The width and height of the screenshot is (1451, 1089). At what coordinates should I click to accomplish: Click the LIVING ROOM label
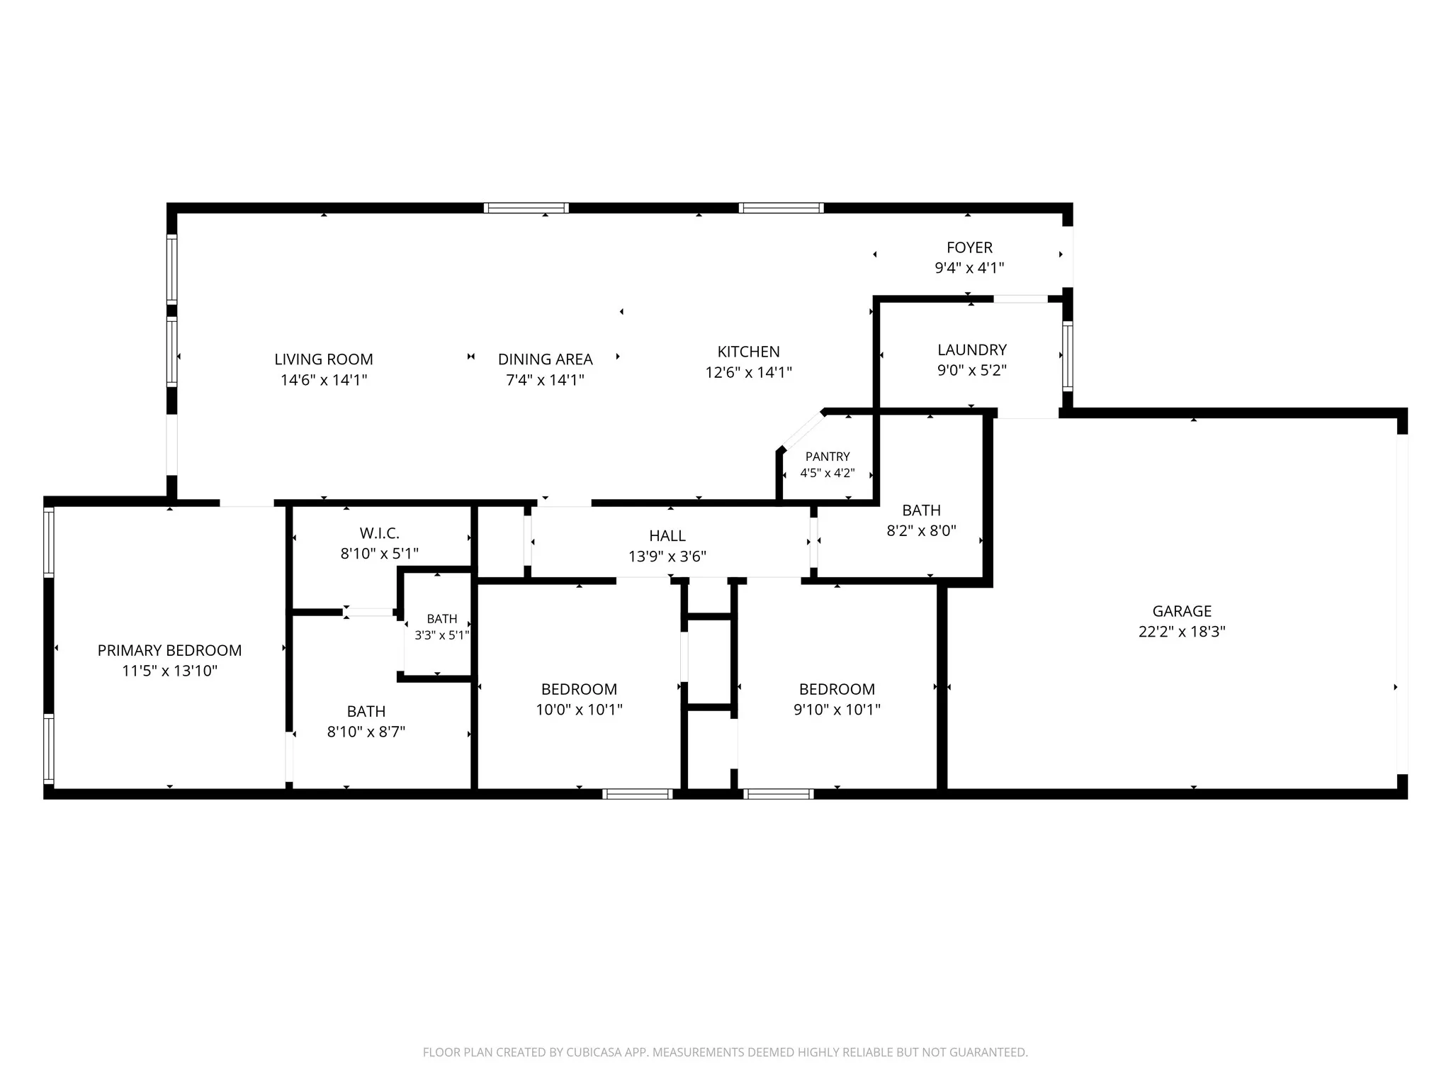(324, 359)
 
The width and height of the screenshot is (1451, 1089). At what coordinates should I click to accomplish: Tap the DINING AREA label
(546, 359)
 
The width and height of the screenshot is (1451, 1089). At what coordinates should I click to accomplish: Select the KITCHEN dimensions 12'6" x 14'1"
(749, 372)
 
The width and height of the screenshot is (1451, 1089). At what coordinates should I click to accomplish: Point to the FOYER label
(970, 247)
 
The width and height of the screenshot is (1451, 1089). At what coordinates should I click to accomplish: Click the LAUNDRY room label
(972, 350)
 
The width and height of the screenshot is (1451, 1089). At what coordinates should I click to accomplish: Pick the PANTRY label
(828, 457)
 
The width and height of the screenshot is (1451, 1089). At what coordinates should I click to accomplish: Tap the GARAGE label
(1182, 611)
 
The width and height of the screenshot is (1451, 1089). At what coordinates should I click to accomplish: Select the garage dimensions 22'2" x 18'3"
(1182, 632)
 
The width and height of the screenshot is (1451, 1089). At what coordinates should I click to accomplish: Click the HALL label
(667, 536)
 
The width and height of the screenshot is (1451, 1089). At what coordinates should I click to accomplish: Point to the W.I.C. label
(380, 533)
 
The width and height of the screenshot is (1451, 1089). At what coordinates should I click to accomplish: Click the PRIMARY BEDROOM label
(170, 650)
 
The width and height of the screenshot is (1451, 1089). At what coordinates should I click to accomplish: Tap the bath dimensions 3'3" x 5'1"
(442, 635)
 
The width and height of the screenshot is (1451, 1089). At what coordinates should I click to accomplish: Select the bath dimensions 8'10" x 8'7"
(366, 732)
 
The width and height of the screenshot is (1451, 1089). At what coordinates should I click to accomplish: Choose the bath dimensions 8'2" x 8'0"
(922, 530)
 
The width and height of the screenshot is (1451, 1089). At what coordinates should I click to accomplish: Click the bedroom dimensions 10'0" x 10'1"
(580, 710)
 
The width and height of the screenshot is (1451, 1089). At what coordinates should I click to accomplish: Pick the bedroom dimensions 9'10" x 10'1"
(837, 710)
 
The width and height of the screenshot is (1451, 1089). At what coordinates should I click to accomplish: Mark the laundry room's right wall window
(1068, 356)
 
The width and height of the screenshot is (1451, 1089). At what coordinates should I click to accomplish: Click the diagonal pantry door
(802, 430)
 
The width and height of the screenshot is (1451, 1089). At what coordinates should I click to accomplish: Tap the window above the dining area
(526, 208)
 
